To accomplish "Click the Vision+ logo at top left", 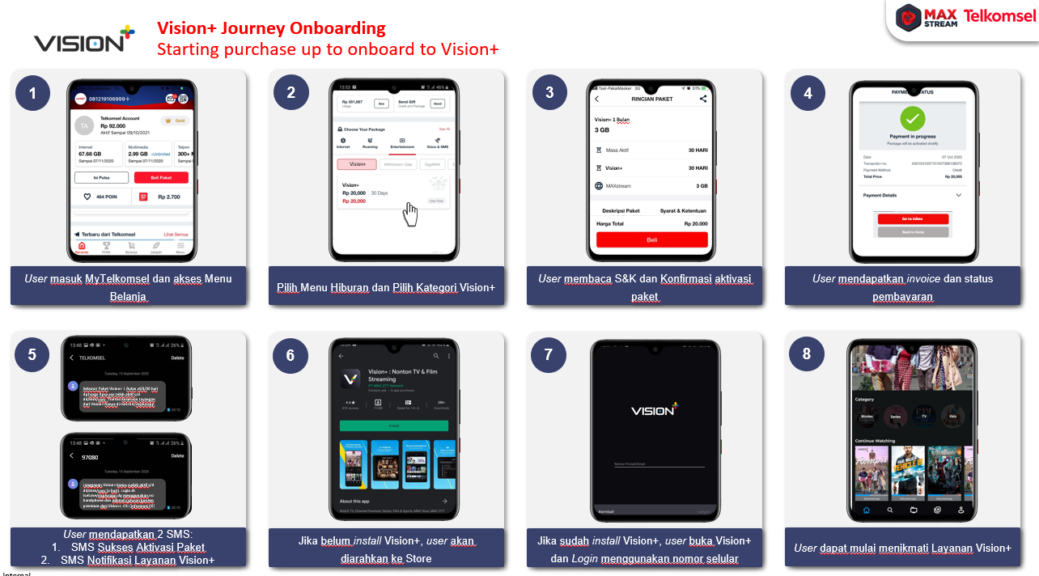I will [84, 40].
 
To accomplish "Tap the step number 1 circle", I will [32, 93].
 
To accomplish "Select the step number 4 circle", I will [807, 93].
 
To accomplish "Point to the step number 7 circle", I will [549, 354].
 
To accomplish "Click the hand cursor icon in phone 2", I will [411, 214].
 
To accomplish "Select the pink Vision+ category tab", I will [357, 164].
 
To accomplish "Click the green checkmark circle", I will [913, 119].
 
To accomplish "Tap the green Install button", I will [393, 425].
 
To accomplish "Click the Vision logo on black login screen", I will [653, 410].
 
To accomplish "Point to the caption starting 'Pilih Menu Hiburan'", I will [386, 288].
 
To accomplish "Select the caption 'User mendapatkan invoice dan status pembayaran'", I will [902, 287].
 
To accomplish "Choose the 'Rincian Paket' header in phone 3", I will [651, 99].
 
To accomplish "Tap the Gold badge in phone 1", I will [175, 120].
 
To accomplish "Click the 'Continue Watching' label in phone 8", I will [876, 441].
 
